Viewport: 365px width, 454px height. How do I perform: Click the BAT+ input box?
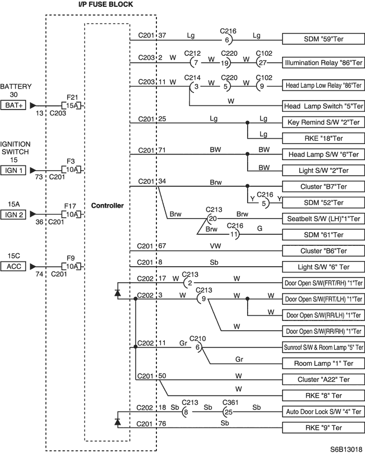pos(14,105)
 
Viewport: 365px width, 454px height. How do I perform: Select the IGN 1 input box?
pos(14,170)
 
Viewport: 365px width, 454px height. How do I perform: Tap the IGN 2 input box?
pos(14,214)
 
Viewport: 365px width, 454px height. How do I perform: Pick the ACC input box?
pos(14,266)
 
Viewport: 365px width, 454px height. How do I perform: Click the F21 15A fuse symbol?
pos(71,106)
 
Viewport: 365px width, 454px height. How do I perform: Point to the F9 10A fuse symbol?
pos(71,266)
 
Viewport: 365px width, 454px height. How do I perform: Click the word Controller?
pos(107,206)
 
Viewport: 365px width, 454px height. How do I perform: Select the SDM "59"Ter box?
pos(323,39)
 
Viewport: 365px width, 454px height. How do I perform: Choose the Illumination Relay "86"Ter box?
pos(323,63)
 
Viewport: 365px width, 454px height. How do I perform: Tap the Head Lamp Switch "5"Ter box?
pos(323,106)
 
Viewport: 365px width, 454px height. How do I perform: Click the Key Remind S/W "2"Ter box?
pos(323,122)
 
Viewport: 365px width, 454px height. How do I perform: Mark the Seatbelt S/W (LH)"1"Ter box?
pos(323,219)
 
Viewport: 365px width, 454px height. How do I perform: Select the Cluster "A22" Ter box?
pos(323,379)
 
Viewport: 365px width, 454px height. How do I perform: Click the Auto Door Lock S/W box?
pos(323,411)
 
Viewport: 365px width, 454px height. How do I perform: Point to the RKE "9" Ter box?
pos(323,428)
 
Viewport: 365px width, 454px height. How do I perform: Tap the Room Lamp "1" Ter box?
pos(323,363)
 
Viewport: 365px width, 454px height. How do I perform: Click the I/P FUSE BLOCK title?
pos(105,4)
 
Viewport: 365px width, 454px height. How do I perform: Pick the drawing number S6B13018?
pos(346,449)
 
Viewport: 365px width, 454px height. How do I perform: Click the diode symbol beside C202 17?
pos(117,293)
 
